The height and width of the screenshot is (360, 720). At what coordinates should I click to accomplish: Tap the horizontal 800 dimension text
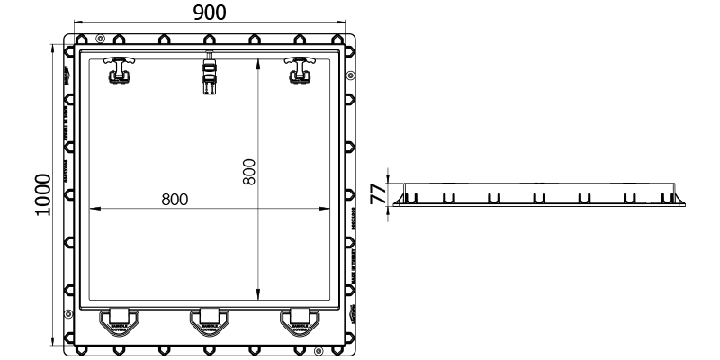tap(175, 199)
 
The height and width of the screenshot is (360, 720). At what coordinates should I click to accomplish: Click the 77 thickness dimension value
tap(379, 192)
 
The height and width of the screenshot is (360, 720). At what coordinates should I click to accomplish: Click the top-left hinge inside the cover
tap(118, 69)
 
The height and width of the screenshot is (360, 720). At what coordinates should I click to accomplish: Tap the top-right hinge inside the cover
tap(298, 69)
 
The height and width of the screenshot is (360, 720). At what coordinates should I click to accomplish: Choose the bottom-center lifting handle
tap(209, 321)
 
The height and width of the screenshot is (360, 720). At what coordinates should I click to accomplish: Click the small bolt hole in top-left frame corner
tap(100, 37)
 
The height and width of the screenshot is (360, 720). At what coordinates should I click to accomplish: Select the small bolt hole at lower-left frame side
tap(69, 313)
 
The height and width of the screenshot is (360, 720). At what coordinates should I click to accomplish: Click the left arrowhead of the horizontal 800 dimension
tap(92, 210)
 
